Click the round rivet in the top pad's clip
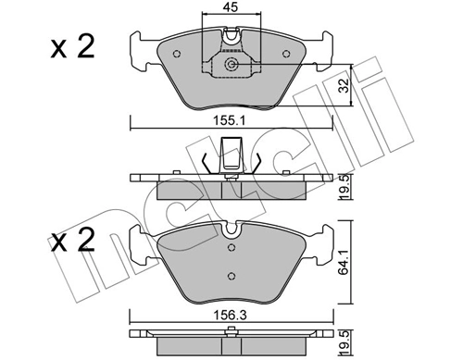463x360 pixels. (x=231, y=65)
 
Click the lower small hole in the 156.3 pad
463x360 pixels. (x=231, y=275)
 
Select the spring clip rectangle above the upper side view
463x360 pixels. (x=231, y=151)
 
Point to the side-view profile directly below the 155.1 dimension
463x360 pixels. (x=231, y=185)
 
